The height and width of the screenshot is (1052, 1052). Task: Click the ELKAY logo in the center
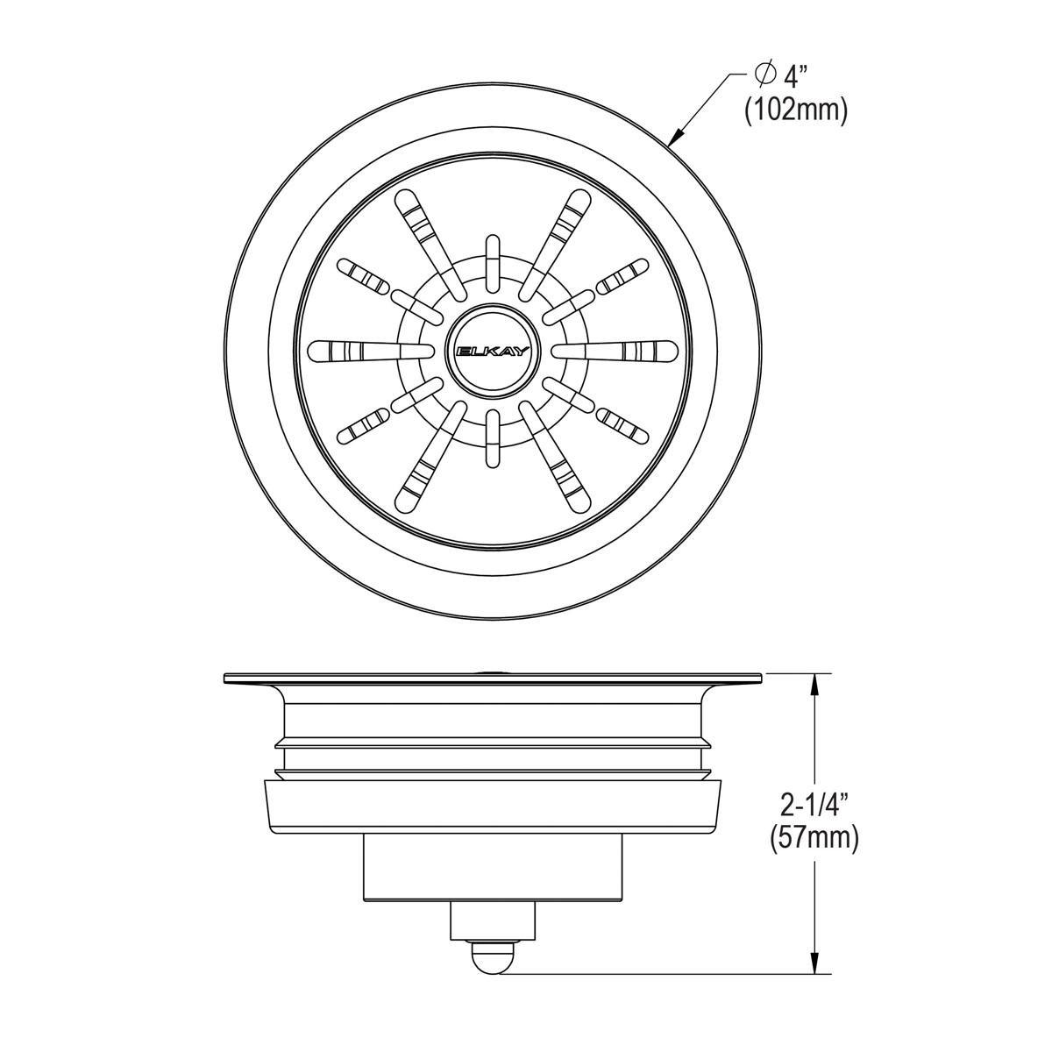tap(492, 350)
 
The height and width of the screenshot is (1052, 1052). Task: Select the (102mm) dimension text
tap(795, 111)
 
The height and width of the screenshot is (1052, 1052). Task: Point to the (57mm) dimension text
tap(814, 837)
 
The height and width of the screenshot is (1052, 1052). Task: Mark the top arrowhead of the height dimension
tap(816, 683)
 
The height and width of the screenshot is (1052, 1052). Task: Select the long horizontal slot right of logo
tap(613, 350)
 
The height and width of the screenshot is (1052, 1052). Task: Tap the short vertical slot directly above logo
tap(492, 261)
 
